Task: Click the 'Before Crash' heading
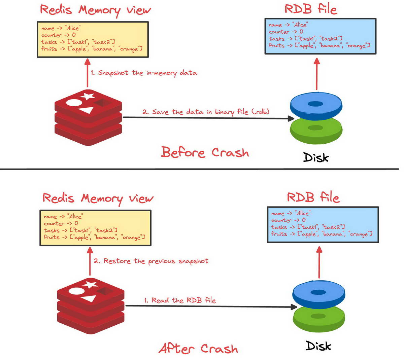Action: pos(205,152)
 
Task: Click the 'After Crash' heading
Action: pos(198,349)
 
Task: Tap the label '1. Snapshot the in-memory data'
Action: pos(144,73)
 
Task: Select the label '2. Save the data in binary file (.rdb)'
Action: pos(206,112)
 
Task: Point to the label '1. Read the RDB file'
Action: pos(180,300)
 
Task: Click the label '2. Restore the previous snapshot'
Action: pos(151,261)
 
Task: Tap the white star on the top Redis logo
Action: pos(88,96)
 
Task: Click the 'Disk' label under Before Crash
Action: pos(316,157)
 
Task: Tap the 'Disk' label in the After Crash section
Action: pos(318,346)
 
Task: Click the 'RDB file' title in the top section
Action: pos(310,9)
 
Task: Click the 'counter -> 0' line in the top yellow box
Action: pos(58,35)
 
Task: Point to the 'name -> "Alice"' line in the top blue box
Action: pos(288,25)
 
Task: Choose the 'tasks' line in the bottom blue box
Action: pos(308,227)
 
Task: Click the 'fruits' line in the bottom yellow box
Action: pos(94,237)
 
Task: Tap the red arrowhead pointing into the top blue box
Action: pos(316,61)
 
